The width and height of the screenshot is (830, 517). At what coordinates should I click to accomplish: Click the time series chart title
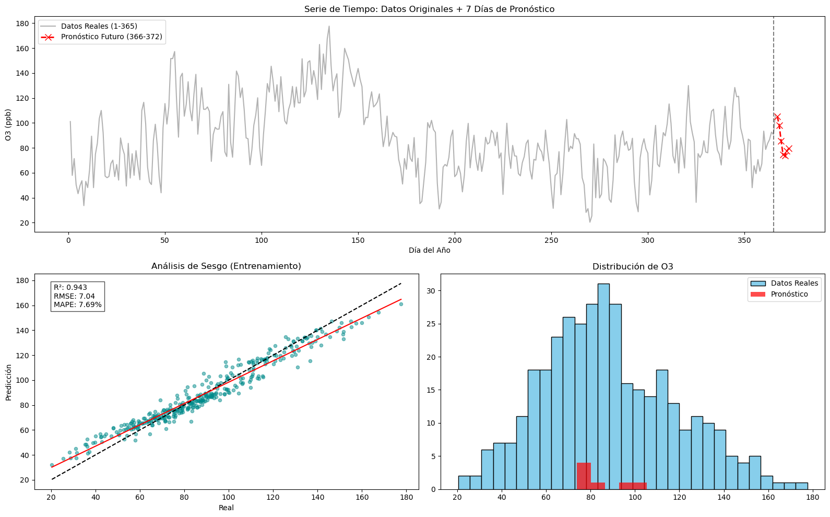click(x=429, y=9)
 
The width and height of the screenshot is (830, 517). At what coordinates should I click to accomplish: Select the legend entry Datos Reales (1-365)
click(x=99, y=26)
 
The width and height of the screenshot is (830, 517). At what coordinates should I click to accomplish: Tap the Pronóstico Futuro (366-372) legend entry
click(x=111, y=37)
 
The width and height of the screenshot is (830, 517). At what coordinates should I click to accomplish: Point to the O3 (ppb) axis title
click(x=8, y=125)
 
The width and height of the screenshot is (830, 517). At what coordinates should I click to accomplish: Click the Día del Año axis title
click(x=429, y=250)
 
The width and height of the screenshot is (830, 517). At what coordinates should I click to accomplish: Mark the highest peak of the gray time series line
click(x=329, y=26)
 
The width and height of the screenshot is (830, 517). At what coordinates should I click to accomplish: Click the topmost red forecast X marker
click(x=777, y=117)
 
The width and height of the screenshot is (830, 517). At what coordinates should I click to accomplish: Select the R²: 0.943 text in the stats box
click(x=70, y=287)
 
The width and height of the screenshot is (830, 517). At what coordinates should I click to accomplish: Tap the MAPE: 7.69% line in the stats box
click(x=78, y=304)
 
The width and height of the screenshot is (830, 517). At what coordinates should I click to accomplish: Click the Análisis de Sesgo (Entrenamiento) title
click(x=226, y=266)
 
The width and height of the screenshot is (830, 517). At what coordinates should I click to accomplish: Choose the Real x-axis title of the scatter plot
click(x=226, y=508)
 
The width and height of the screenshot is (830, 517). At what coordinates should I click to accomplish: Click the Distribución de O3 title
click(x=633, y=266)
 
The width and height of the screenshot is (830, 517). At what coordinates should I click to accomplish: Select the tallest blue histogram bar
click(x=603, y=386)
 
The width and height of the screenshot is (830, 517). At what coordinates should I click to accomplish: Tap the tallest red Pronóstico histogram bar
click(x=584, y=476)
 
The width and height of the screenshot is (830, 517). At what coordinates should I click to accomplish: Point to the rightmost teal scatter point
click(x=401, y=304)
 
